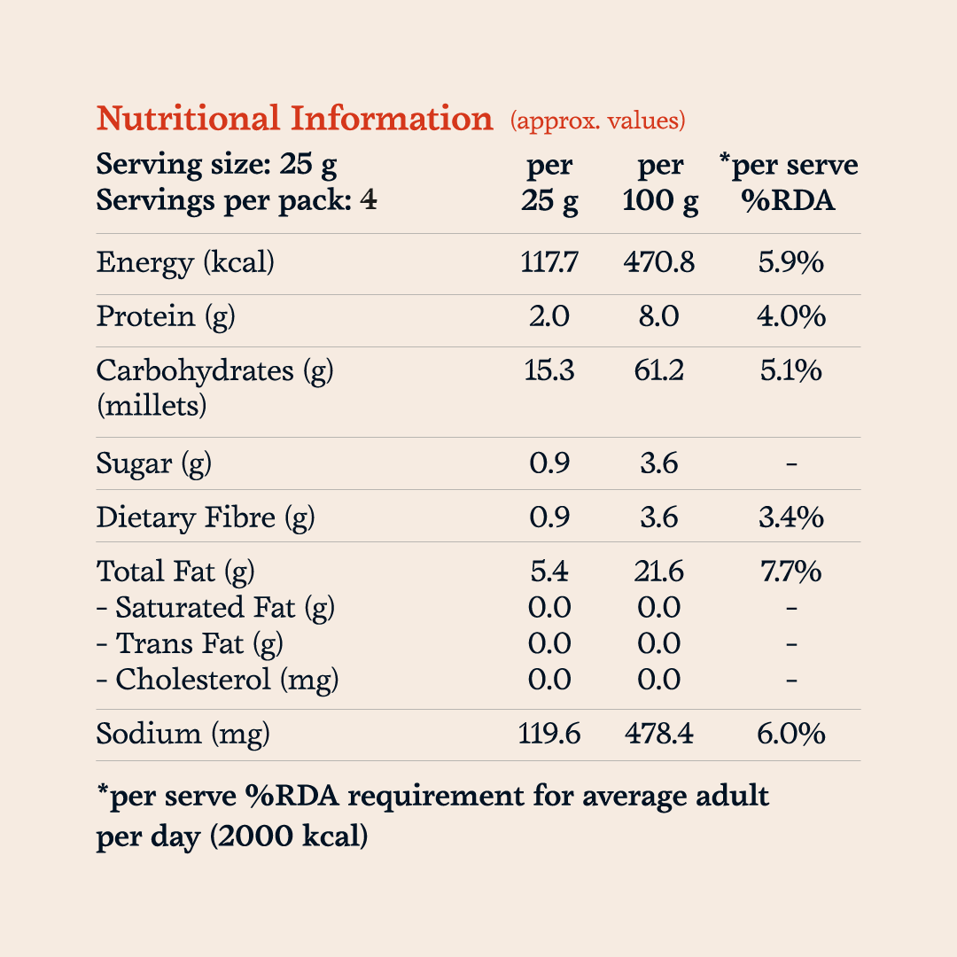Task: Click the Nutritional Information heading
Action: point(294,118)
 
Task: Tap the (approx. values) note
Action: point(597,121)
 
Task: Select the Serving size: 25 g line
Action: point(217,165)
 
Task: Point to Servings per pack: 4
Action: point(237,201)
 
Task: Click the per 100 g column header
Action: point(660,183)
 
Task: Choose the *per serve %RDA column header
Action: point(789,183)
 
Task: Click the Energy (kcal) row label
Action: point(185,263)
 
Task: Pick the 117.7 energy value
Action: point(549,262)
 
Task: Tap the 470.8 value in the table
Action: point(659,262)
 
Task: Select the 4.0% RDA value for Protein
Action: point(791,316)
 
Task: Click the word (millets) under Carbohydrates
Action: point(152,406)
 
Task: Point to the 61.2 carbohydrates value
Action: point(659,370)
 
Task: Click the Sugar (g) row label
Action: point(154,463)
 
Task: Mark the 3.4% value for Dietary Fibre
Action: point(791,517)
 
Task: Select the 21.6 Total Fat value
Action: point(659,572)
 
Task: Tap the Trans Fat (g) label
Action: point(190,644)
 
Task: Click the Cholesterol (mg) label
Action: point(217,680)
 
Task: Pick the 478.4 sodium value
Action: point(659,734)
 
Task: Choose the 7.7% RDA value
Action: point(791,572)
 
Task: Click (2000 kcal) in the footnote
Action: point(289,836)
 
